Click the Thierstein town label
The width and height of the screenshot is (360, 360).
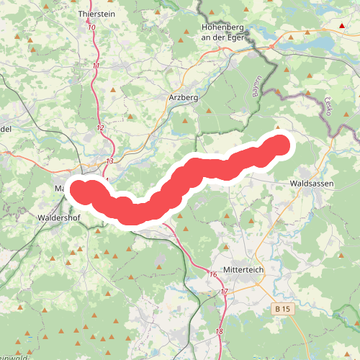[96, 13]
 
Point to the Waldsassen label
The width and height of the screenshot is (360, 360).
[311, 184]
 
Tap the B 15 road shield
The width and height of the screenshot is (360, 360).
[284, 308]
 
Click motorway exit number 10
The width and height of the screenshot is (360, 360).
[91, 28]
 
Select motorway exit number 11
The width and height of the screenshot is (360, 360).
[96, 66]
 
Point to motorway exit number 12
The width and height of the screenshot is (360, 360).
[100, 128]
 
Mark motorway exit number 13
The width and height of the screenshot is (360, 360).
[109, 161]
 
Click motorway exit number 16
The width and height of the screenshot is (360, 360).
[213, 274]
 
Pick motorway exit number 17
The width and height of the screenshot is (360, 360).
[224, 292]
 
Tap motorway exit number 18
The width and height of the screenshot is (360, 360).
[219, 331]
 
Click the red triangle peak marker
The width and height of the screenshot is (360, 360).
[342, 26]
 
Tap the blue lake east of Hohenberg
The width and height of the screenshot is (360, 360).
[310, 43]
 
